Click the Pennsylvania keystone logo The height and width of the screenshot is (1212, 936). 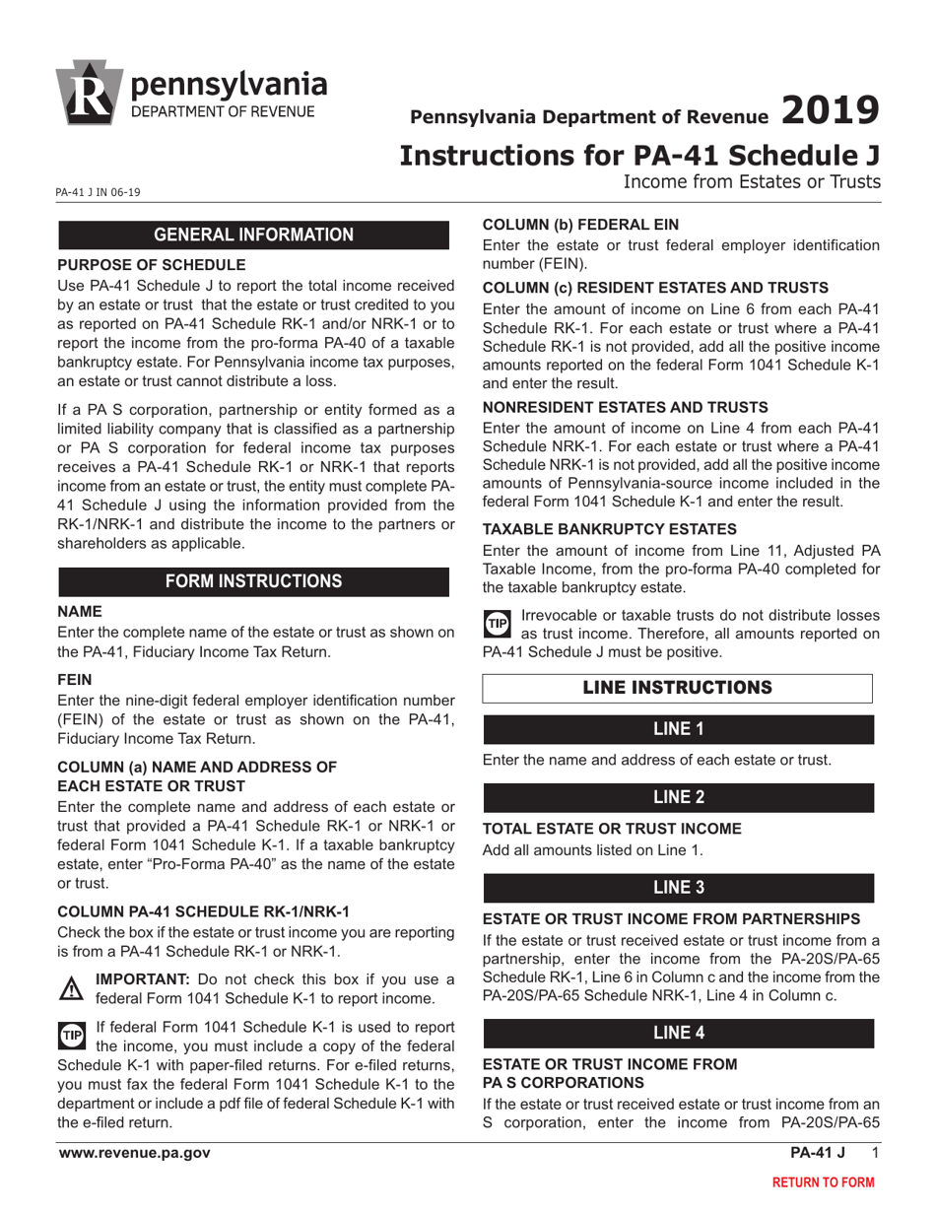(91, 91)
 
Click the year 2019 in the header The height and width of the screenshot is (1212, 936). (829, 110)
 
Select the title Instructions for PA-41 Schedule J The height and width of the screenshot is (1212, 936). (638, 156)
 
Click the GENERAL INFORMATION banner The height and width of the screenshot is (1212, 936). (254, 235)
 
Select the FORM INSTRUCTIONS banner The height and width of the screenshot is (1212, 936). (254, 581)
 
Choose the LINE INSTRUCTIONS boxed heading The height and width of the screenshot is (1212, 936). (677, 687)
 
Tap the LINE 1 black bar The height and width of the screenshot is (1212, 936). (678, 730)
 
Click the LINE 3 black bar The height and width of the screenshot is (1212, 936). (678, 888)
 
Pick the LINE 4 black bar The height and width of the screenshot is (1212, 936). (678, 1033)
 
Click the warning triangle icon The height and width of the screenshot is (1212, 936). (73, 987)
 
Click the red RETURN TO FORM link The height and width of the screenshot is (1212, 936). (822, 1182)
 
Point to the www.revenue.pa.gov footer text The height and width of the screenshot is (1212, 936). (134, 1153)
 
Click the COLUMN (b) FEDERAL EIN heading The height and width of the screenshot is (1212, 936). (580, 224)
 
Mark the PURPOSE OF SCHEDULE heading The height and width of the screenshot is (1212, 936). (152, 264)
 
